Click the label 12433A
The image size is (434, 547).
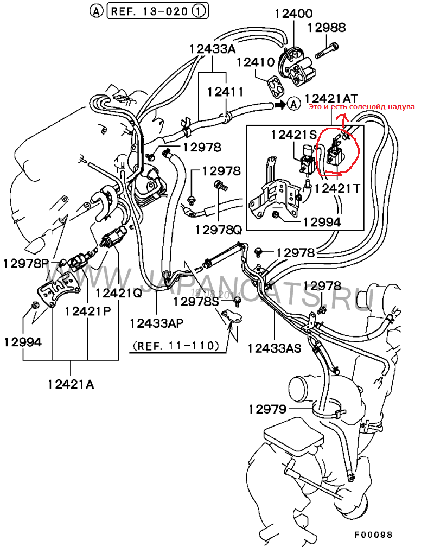[213, 49]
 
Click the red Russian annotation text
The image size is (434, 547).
[361, 107]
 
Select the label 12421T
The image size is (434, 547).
[336, 188]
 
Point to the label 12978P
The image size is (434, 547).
[25, 264]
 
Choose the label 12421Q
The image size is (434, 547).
[118, 293]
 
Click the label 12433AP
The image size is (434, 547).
[156, 323]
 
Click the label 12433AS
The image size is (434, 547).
[274, 348]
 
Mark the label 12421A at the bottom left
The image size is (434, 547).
[71, 385]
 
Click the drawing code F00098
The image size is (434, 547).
[373, 535]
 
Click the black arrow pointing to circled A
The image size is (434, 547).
[278, 104]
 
